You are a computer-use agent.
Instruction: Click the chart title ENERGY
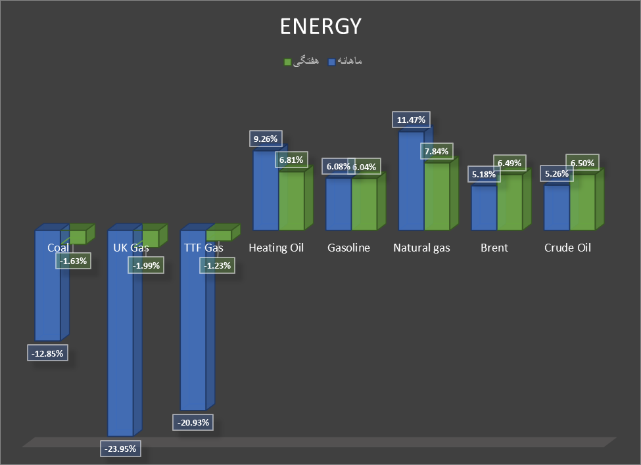pyautogui.click(x=320, y=26)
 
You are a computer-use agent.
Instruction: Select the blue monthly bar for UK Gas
pyautogui.click(x=120, y=342)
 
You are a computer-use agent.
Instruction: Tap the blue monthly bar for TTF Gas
pyautogui.click(x=193, y=328)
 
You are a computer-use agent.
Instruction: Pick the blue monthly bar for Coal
pyautogui.click(x=47, y=296)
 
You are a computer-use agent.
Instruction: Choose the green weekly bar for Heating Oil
pyautogui.click(x=291, y=200)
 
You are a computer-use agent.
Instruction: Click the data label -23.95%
pyautogui.click(x=120, y=449)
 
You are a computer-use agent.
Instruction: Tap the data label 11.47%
pyautogui.click(x=412, y=120)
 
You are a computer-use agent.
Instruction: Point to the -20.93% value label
pyautogui.click(x=193, y=422)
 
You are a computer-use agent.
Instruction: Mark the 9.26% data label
pyautogui.click(x=266, y=139)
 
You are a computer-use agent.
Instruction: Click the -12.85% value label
pyautogui.click(x=47, y=353)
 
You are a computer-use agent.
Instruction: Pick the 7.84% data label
pyautogui.click(x=437, y=151)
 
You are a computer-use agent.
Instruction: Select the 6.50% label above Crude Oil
pyautogui.click(x=581, y=163)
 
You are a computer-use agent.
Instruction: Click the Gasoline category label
pyautogui.click(x=348, y=248)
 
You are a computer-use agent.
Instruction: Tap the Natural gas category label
pyautogui.click(x=421, y=248)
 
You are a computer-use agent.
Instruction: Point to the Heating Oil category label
pyautogui.click(x=276, y=248)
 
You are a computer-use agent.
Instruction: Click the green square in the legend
pyautogui.click(x=287, y=62)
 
